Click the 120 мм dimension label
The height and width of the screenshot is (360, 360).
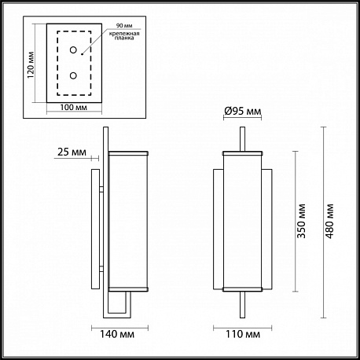(31, 65)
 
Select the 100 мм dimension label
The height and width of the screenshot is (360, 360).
(74, 107)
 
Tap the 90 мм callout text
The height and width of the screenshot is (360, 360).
(124, 26)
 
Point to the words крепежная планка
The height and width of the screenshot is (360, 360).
(124, 35)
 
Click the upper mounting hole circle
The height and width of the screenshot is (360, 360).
(73, 50)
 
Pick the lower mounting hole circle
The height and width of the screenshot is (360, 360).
(73, 75)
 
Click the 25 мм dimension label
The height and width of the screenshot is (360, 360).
(72, 152)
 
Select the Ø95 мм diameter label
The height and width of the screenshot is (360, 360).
(243, 112)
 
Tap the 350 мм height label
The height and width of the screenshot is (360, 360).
(301, 221)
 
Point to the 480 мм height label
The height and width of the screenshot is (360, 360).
(329, 221)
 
